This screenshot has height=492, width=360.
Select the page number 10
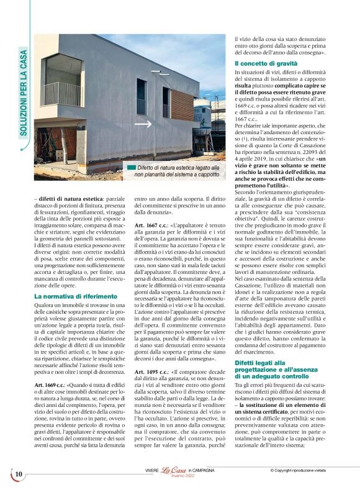pyautogui.click(x=19, y=474)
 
